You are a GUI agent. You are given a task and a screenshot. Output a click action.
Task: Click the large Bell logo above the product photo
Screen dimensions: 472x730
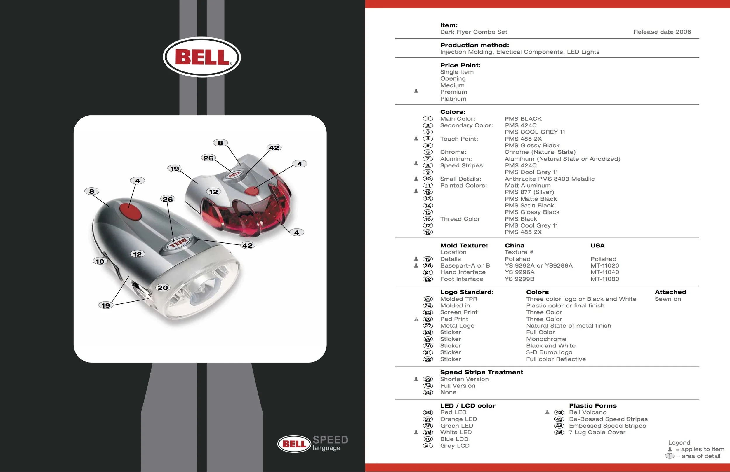[202, 57]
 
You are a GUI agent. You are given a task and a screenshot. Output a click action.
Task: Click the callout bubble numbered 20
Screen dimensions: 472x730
[163, 288]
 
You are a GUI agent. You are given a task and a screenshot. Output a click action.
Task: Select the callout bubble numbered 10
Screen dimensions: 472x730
[100, 261]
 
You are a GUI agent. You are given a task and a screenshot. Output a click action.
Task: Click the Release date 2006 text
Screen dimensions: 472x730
[662, 32]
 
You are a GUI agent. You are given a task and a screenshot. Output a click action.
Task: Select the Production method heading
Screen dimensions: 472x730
[474, 45]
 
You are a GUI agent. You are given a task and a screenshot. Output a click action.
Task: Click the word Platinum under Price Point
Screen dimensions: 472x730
[453, 99]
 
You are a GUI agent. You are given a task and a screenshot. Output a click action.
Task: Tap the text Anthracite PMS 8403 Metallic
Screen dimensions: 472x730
[549, 179]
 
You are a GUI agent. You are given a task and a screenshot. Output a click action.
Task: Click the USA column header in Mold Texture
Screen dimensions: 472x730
[597, 246]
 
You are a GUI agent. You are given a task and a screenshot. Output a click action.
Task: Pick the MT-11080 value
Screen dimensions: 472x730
[604, 279]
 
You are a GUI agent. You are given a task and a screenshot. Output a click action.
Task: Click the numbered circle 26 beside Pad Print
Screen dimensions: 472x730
[427, 319]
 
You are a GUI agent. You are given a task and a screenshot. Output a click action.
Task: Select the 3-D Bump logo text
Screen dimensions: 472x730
[549, 352]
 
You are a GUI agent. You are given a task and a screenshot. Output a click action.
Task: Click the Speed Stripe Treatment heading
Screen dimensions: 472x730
[481, 372]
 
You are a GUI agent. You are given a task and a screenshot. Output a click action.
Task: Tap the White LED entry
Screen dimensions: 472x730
[456, 432]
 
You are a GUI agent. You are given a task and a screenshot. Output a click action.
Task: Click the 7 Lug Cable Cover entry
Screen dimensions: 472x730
[597, 432]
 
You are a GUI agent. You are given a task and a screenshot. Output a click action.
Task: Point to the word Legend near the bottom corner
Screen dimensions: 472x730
[679, 443]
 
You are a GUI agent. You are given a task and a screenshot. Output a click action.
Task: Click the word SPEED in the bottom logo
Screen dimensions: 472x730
[330, 440]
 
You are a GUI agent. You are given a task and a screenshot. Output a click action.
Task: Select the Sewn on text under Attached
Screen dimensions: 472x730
[668, 299]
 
